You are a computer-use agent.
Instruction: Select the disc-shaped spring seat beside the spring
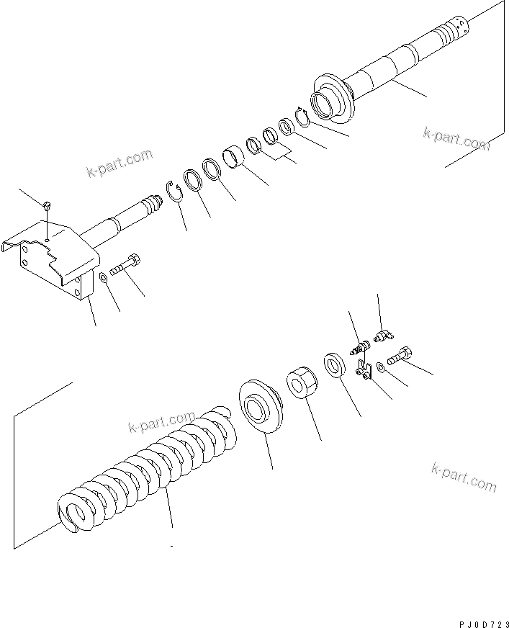261,407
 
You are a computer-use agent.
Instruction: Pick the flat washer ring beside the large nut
335,364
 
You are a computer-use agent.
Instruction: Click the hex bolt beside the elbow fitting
400,355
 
